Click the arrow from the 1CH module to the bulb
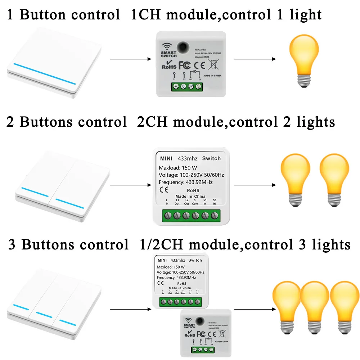coord(255,58)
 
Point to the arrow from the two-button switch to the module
coord(130,185)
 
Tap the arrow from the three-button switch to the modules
coord(130,309)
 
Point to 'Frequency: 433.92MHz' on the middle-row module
coord(186,182)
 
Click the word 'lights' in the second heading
coord(316,122)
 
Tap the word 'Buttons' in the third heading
coord(47,245)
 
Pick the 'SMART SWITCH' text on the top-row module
coord(168,54)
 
